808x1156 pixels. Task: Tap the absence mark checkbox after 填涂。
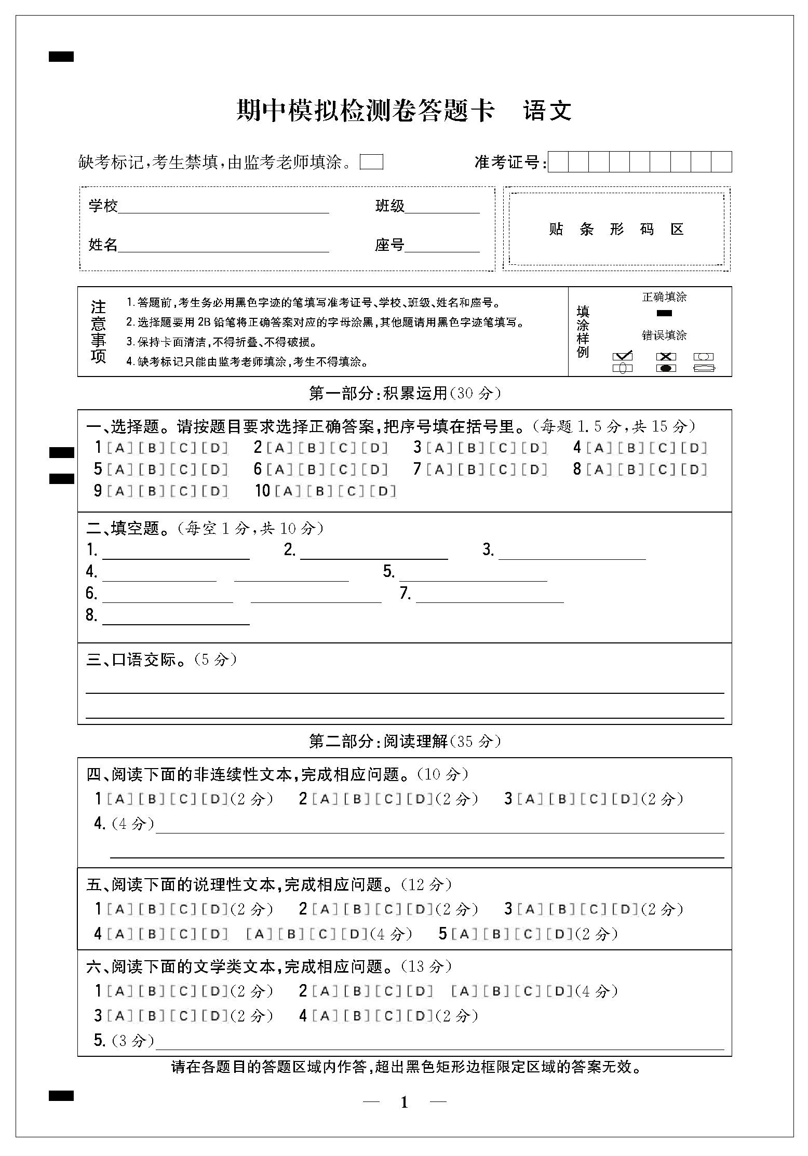371,162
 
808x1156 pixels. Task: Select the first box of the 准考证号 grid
558,162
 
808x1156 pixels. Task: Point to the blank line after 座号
442,247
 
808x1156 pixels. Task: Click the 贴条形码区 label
616,229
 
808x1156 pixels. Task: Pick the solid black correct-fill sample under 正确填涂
664,313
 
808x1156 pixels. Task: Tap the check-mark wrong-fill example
623,356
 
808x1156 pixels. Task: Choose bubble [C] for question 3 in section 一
503,448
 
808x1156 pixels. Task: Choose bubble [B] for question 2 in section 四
357,799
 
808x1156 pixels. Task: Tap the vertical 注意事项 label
98,331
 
